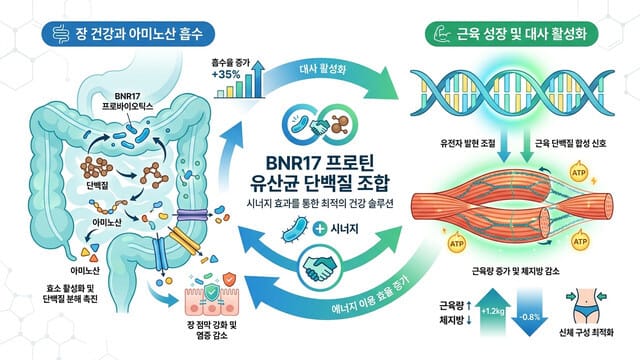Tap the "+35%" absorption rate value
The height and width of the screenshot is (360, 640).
tap(227, 74)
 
